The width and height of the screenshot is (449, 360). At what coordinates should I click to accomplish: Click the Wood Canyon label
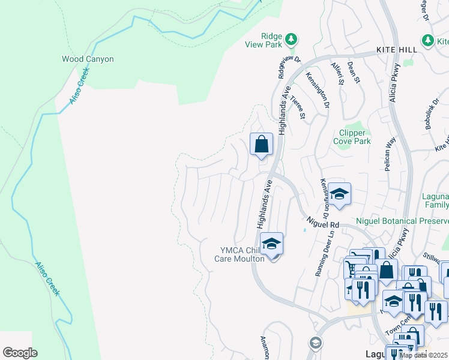coord(88,59)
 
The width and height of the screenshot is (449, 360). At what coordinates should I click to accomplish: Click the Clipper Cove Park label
coord(352,137)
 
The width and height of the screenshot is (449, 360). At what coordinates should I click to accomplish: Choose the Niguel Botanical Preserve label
coord(402,221)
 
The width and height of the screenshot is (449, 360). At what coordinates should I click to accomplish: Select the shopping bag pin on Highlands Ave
coord(261,145)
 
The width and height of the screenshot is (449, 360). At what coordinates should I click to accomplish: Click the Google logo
coord(20,353)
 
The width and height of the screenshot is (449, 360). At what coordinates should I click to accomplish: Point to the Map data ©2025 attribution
coord(423,355)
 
